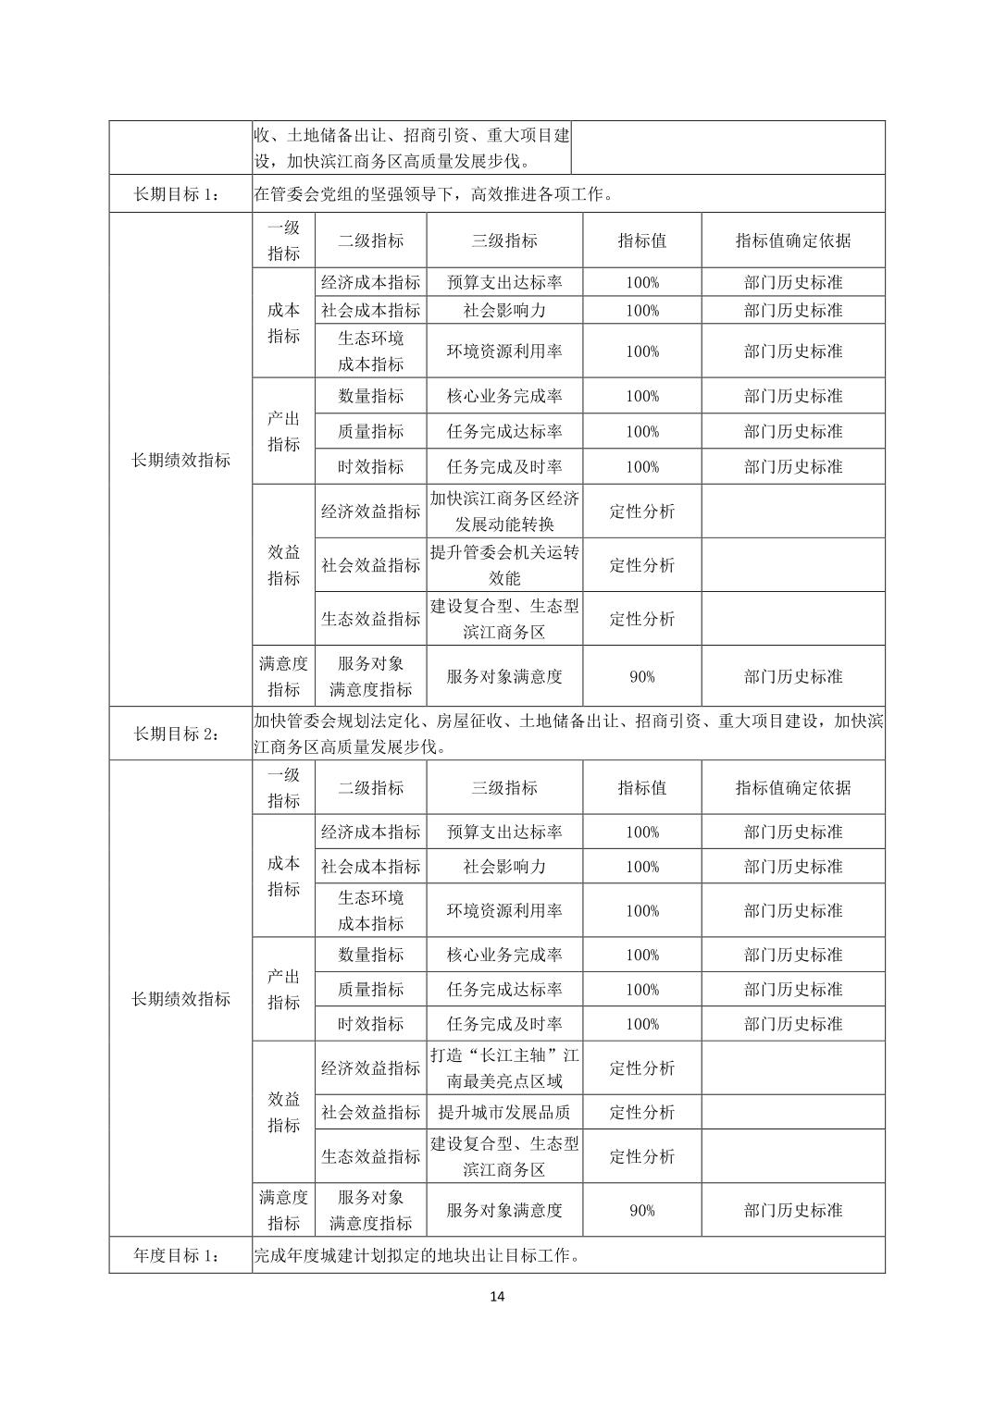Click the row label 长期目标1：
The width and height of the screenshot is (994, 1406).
pyautogui.click(x=180, y=193)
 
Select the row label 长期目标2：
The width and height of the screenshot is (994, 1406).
pyautogui.click(x=180, y=734)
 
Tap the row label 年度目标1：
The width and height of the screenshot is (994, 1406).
pyautogui.click(x=180, y=1255)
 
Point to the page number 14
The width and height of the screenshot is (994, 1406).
pyautogui.click(x=497, y=1296)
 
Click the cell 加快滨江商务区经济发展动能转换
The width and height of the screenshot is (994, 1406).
pyautogui.click(x=504, y=512)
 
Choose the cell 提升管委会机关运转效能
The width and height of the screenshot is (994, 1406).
pyautogui.click(x=504, y=565)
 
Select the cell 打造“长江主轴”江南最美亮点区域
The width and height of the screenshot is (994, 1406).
pyautogui.click(x=504, y=1068)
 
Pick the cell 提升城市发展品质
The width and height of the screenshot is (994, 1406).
pyautogui.click(x=504, y=1113)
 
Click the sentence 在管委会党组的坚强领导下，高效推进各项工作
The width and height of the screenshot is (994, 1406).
pyautogui.click(x=433, y=193)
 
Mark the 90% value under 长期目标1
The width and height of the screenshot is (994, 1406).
pyautogui.click(x=642, y=676)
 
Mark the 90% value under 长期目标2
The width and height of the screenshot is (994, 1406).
pyautogui.click(x=642, y=1210)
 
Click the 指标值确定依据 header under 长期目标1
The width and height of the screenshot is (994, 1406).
pyautogui.click(x=793, y=240)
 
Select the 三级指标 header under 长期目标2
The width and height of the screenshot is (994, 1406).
pyautogui.click(x=504, y=788)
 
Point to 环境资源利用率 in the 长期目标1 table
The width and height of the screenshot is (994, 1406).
pyautogui.click(x=504, y=351)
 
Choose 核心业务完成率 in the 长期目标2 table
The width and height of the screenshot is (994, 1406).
pyautogui.click(x=504, y=955)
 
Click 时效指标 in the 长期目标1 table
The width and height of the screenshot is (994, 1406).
pyautogui.click(x=370, y=467)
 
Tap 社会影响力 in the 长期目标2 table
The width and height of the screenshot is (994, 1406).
pyautogui.click(x=504, y=867)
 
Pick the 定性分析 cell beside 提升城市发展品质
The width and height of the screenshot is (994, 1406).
pyautogui.click(x=642, y=1113)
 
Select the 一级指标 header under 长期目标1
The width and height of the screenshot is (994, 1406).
pyautogui.click(x=283, y=240)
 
